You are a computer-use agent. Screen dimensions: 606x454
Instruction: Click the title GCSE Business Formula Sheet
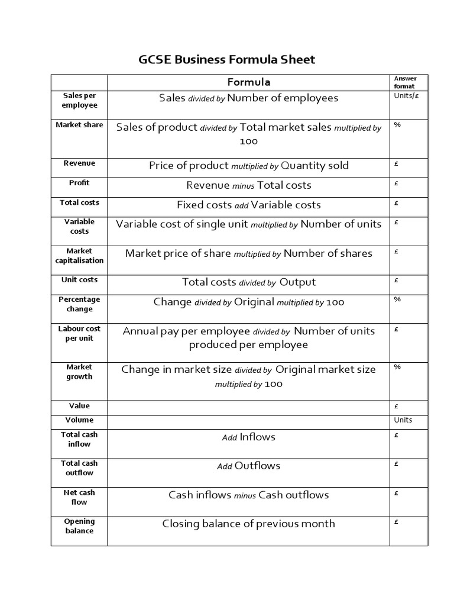[227, 60]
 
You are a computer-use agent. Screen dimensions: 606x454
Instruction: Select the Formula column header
[248, 82]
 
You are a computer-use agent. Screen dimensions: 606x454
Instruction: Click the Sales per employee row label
[79, 100]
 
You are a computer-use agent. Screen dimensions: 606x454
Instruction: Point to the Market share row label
[79, 125]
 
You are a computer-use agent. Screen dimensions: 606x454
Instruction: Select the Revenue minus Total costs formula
[248, 185]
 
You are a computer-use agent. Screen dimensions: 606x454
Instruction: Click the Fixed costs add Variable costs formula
[248, 205]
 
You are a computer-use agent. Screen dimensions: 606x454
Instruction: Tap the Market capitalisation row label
[79, 256]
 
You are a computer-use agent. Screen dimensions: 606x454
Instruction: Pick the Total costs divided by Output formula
[248, 282]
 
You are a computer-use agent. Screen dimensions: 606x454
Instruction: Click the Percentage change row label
[79, 304]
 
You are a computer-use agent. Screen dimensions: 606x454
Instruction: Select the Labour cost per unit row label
[79, 333]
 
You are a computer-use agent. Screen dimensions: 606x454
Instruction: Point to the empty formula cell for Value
[248, 407]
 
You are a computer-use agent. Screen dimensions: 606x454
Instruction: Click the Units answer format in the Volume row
[403, 420]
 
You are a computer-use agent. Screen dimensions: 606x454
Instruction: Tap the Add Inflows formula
[248, 437]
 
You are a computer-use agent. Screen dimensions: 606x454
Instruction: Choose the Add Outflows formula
[248, 466]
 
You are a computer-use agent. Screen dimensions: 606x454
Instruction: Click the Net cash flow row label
[79, 497]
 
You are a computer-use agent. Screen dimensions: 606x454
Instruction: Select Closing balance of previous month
[248, 524]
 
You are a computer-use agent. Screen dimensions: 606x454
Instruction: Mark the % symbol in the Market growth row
[397, 367]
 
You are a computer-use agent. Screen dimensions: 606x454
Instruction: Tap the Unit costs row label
[79, 280]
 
